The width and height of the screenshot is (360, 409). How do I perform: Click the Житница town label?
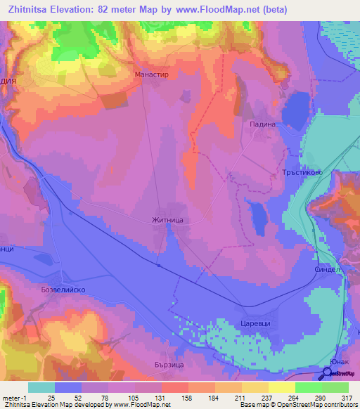click(168, 220)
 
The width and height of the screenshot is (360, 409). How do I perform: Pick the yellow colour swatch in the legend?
click(281, 387)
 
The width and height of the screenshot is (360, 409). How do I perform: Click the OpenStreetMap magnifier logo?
click(328, 373)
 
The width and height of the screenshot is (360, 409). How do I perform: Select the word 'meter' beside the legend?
click(11, 398)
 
